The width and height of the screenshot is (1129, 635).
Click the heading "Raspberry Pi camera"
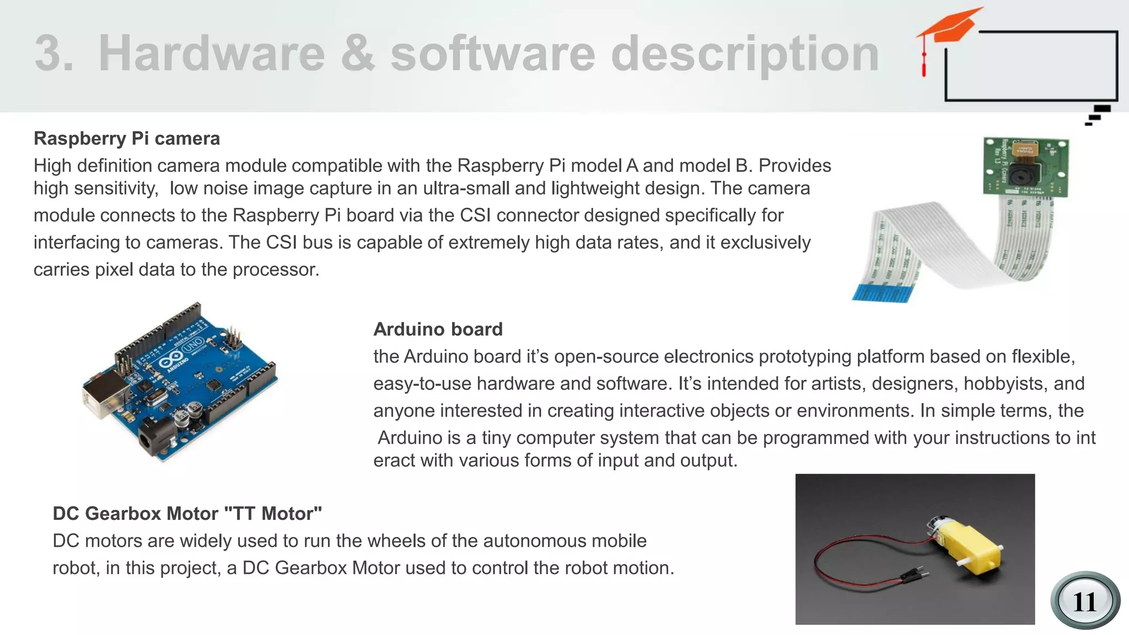pos(127,138)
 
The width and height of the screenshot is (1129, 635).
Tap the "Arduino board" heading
pos(438,329)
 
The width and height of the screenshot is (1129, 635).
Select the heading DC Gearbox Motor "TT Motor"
pos(187,513)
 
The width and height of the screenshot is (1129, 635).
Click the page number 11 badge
pos(1084,601)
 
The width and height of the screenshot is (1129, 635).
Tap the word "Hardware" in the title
pos(212,53)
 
